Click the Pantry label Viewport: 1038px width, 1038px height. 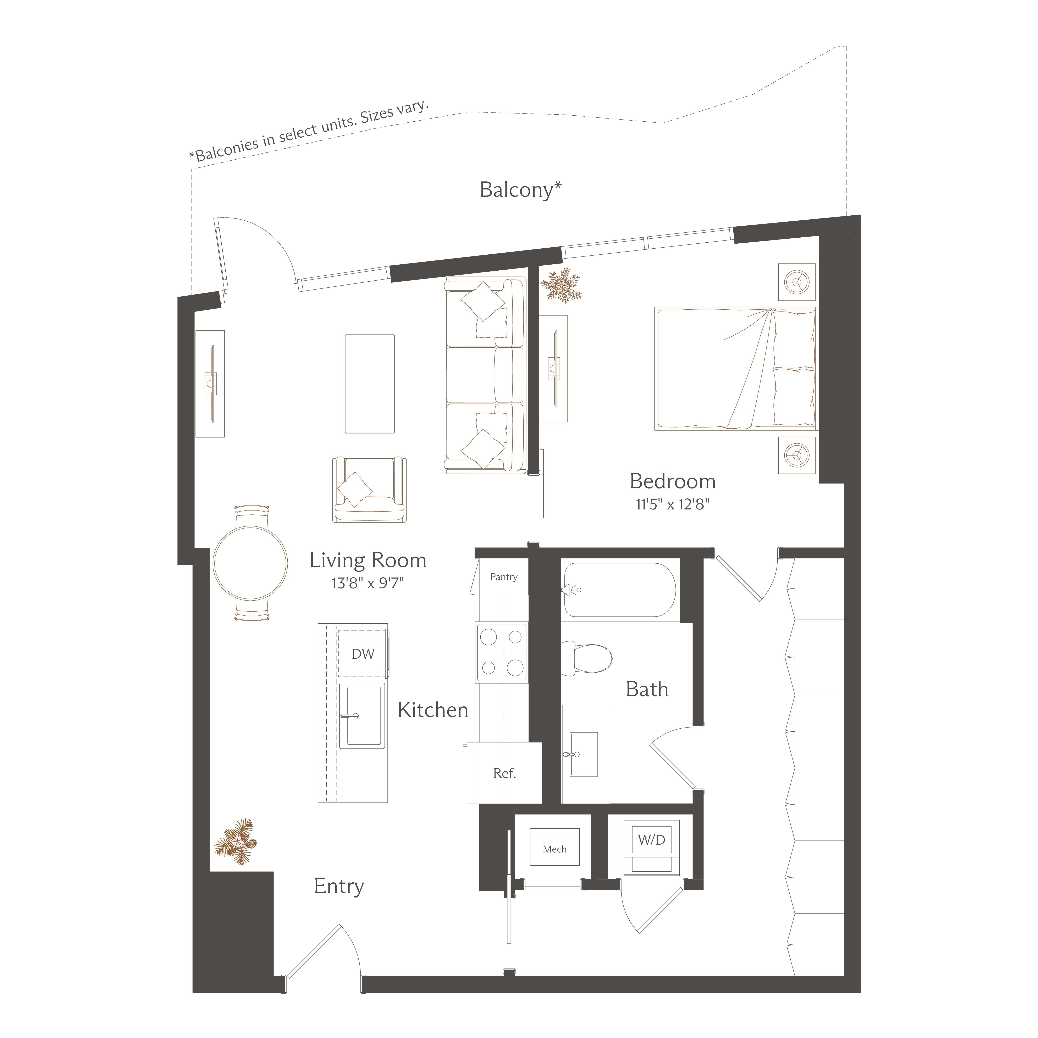pos(503,577)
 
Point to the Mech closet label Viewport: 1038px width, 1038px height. pos(554,849)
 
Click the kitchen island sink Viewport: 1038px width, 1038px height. pos(362,716)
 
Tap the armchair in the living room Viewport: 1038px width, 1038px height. pos(369,489)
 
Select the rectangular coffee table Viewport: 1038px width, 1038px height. pos(370,384)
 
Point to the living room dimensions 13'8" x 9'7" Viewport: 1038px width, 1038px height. pos(368,583)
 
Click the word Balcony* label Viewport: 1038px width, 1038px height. pos(521,190)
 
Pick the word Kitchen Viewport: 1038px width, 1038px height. pos(432,710)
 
